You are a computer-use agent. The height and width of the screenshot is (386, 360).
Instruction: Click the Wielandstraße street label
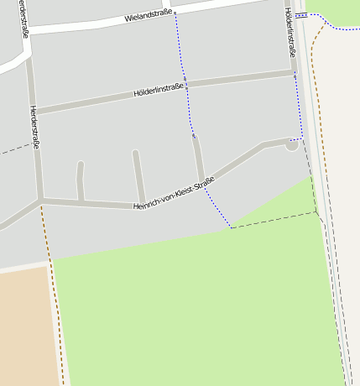click(148, 14)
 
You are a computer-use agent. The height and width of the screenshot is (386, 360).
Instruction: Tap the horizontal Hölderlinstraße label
click(159, 91)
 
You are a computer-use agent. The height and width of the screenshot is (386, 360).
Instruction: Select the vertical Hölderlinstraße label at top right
click(290, 33)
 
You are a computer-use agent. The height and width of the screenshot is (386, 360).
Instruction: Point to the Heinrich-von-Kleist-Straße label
click(174, 194)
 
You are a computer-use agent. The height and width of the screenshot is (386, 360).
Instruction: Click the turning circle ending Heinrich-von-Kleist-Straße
click(291, 144)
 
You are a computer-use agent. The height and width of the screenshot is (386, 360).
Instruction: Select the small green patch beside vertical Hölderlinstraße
click(333, 11)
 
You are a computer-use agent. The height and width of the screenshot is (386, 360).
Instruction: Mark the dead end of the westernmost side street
click(81, 164)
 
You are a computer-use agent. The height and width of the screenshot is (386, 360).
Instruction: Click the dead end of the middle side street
click(135, 153)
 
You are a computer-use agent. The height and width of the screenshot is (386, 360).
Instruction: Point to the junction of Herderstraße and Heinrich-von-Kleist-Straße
click(40, 200)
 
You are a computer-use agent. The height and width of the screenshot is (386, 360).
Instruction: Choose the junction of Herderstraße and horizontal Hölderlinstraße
click(34, 111)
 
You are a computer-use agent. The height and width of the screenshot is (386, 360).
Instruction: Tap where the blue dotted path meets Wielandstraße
click(175, 13)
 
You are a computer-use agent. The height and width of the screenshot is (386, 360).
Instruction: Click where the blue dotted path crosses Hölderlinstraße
click(185, 86)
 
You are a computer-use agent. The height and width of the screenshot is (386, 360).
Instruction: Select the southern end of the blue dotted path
click(230, 227)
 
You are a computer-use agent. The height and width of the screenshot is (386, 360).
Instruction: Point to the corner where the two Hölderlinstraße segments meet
click(294, 74)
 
